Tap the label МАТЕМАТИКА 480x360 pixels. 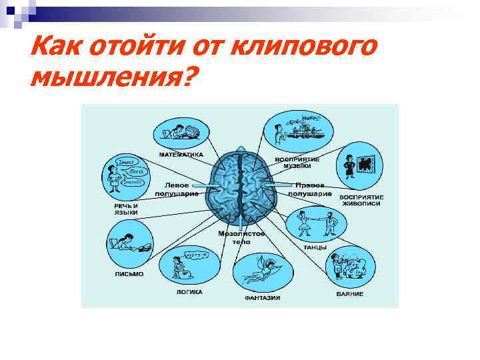181,155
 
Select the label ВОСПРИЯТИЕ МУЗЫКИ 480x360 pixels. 297,163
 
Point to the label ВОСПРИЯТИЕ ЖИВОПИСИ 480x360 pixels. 361,201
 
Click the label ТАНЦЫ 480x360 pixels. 315,247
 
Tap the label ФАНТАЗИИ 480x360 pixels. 262,297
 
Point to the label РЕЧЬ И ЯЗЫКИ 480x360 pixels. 125,209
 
